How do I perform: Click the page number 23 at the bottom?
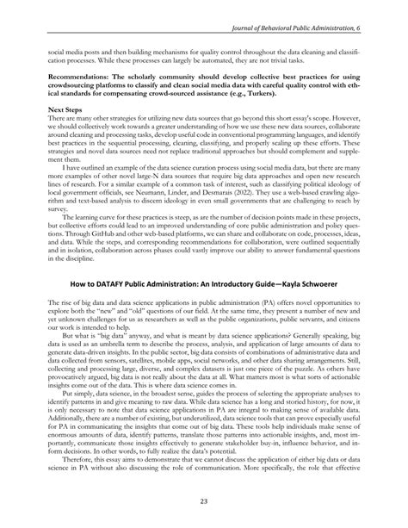click(x=204, y=501)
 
